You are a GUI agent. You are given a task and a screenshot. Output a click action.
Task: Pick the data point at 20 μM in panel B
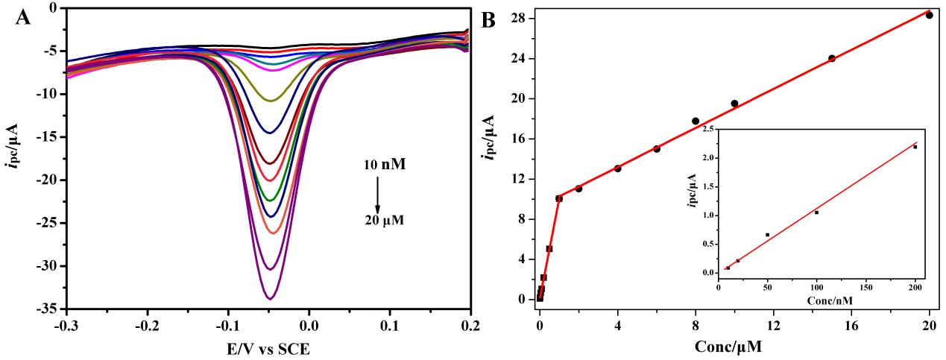tap(929, 15)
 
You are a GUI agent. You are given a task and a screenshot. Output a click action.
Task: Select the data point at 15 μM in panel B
tap(832, 58)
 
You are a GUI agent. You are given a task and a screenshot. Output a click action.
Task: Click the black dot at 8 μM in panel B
tap(696, 121)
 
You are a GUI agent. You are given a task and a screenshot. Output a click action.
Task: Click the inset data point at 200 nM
tap(915, 147)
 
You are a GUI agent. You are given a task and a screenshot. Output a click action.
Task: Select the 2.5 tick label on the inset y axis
tap(704, 130)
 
